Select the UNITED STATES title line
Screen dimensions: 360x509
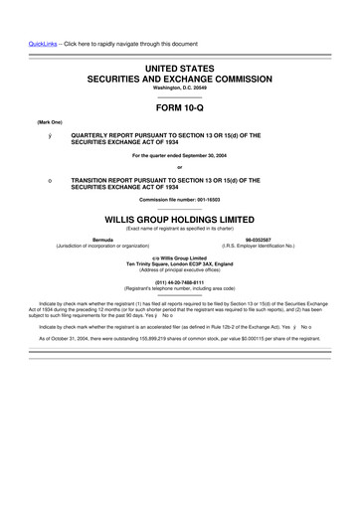pyautogui.click(x=180, y=66)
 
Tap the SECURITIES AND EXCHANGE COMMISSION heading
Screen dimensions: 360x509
pyautogui.click(x=180, y=77)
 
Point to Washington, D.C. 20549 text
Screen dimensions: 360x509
pyautogui.click(x=180, y=86)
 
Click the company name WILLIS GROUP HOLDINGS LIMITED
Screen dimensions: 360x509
pyautogui.click(x=180, y=215)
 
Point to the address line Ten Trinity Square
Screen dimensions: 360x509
pyautogui.click(x=180, y=263)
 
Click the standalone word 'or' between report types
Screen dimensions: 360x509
pyautogui.click(x=180, y=166)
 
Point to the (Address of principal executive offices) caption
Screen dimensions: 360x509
pyautogui.click(x=180, y=269)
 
